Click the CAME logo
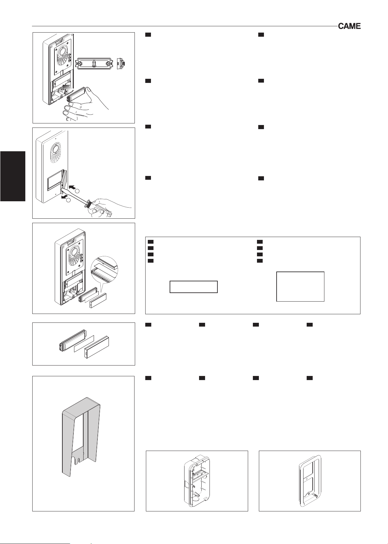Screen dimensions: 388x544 (x=349, y=26)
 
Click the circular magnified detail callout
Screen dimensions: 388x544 (x=104, y=269)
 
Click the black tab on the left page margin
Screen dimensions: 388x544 (x=13, y=176)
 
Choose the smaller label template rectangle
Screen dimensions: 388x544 (x=194, y=286)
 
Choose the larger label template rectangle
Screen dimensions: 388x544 (x=300, y=286)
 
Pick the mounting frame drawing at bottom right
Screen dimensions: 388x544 (x=310, y=481)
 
